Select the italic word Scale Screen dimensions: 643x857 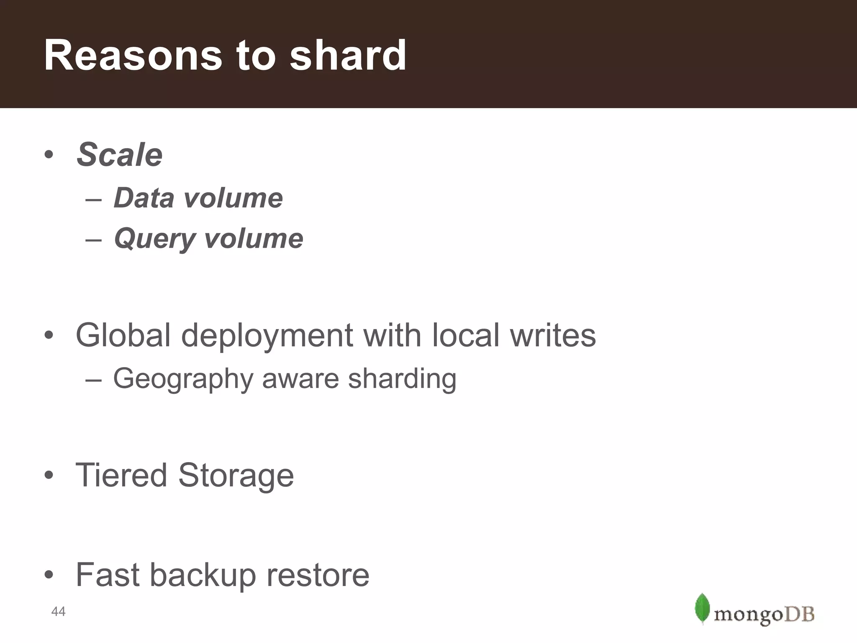click(x=120, y=154)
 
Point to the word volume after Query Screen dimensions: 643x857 click(x=254, y=239)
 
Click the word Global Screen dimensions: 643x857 click(x=123, y=335)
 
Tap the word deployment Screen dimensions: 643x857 click(x=267, y=336)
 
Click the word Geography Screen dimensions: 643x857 click(x=183, y=379)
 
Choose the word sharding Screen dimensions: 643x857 click(x=402, y=379)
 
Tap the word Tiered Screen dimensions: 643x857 click(x=121, y=475)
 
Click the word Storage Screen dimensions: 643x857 click(x=236, y=476)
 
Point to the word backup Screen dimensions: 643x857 click(x=203, y=575)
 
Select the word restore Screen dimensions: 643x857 click(x=318, y=575)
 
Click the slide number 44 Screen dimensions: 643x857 click(x=58, y=612)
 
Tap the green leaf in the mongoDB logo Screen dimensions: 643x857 click(x=702, y=608)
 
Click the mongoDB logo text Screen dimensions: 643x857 click(x=764, y=615)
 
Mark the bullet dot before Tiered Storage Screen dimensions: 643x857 click(x=49, y=475)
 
